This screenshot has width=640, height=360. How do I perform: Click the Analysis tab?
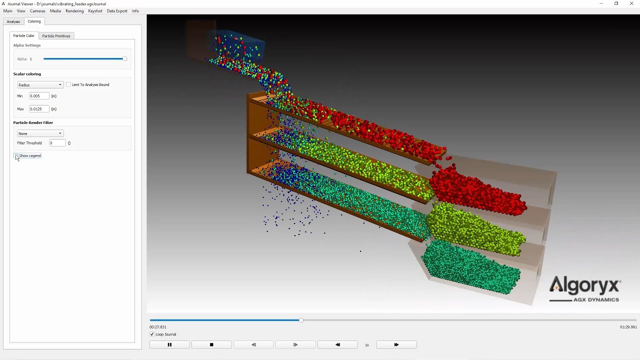click(x=13, y=21)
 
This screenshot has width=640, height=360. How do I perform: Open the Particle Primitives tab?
click(x=56, y=35)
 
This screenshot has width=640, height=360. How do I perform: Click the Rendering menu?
click(x=74, y=11)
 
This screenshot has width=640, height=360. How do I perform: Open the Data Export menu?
click(x=117, y=11)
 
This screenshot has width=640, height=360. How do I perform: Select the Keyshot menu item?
click(x=95, y=11)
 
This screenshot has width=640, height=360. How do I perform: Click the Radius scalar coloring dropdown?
click(x=40, y=85)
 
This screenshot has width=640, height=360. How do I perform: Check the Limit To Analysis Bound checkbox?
click(x=68, y=84)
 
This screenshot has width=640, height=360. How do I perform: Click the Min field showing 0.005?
click(x=39, y=96)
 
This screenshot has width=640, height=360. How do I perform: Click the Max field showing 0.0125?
click(x=39, y=109)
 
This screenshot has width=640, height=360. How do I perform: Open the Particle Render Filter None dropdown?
click(x=40, y=133)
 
